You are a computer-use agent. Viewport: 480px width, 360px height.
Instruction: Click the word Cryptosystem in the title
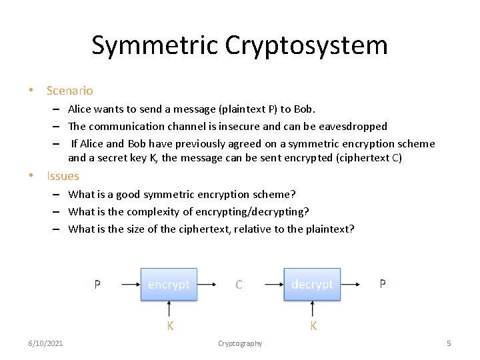coord(307,45)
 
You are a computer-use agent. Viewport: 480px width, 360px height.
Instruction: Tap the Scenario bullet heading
coord(69,90)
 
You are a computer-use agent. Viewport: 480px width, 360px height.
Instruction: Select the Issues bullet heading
coord(63,176)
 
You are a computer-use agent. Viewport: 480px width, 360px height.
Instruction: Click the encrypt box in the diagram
coord(169,284)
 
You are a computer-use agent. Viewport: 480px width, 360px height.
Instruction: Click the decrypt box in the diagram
coord(312,284)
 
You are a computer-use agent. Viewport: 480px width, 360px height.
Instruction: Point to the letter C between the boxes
coord(239,285)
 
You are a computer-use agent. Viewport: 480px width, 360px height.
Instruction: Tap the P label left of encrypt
coord(97,284)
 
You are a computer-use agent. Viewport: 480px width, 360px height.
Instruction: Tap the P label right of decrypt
coord(383,283)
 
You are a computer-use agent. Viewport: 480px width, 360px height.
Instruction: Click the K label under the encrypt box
coord(170,325)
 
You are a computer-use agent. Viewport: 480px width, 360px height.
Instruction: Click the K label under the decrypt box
coord(313,325)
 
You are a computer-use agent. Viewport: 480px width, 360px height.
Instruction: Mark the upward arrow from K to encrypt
coord(169,309)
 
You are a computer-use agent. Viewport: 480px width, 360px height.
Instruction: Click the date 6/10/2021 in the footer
coord(45,343)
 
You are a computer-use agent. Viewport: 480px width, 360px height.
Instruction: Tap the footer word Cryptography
coord(240,343)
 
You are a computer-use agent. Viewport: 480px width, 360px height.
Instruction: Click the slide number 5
coord(449,343)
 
